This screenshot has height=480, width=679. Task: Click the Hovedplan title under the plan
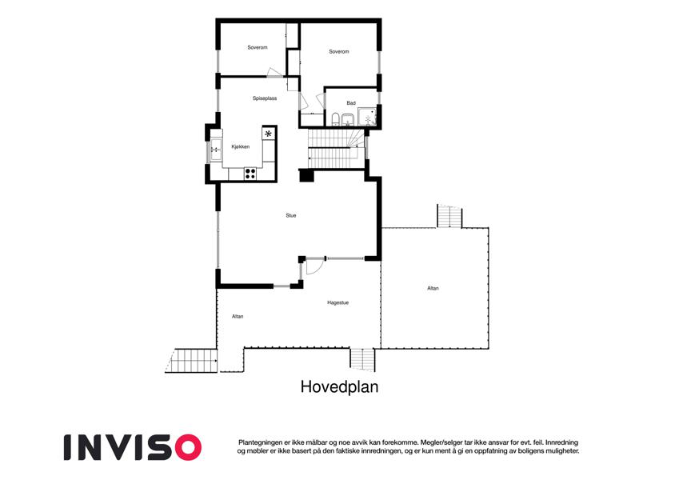coord(339,387)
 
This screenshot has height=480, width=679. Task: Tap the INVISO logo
coord(133,447)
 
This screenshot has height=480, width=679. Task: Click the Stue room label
coord(291,215)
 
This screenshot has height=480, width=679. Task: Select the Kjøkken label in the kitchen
coord(241,147)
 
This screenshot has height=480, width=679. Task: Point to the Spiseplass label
coord(265,98)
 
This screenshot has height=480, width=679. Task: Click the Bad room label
coord(351,103)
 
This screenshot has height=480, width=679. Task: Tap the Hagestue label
coord(338,303)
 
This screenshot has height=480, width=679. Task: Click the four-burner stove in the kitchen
coord(250,174)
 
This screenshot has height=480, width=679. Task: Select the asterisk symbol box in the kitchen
coord(269,134)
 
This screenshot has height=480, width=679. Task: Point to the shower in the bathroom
coord(367,118)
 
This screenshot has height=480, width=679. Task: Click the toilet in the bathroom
coord(336,118)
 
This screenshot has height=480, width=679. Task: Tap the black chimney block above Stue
coord(306,175)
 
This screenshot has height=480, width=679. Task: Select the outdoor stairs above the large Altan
coord(449,216)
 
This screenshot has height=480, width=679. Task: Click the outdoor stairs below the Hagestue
coord(363,359)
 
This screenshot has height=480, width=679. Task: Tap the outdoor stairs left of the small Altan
coord(191,361)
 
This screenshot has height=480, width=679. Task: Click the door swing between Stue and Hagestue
coord(314,266)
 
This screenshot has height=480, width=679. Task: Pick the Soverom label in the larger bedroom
coord(338,51)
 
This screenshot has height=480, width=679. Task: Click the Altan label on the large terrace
coord(433,288)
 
